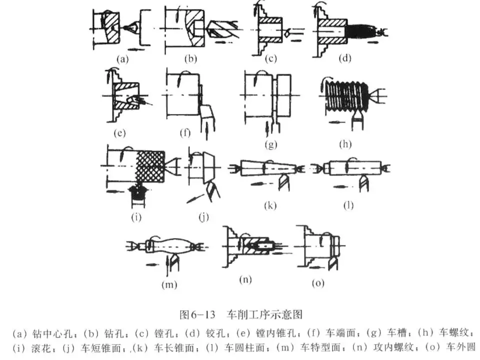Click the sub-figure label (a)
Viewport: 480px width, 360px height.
coord(122,59)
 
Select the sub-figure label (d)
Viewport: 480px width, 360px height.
coord(344,59)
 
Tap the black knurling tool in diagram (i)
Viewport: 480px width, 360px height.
coord(136,191)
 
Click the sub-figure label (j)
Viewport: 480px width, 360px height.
coord(202,217)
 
